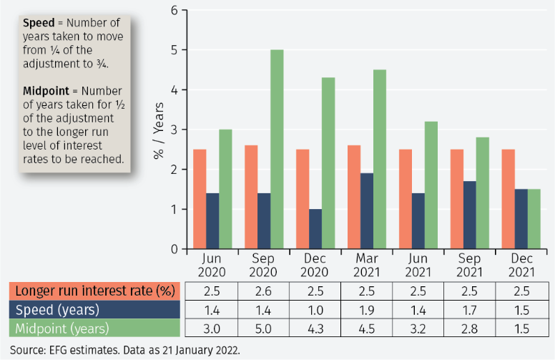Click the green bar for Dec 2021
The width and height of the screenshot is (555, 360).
pyautogui.click(x=534, y=219)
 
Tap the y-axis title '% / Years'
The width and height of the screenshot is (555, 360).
pyautogui.click(x=159, y=130)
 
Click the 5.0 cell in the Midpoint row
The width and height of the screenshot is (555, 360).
pyautogui.click(x=263, y=329)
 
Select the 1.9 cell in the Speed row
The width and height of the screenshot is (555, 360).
pyautogui.click(x=366, y=310)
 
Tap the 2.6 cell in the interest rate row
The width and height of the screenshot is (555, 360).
pyautogui.click(x=263, y=291)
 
